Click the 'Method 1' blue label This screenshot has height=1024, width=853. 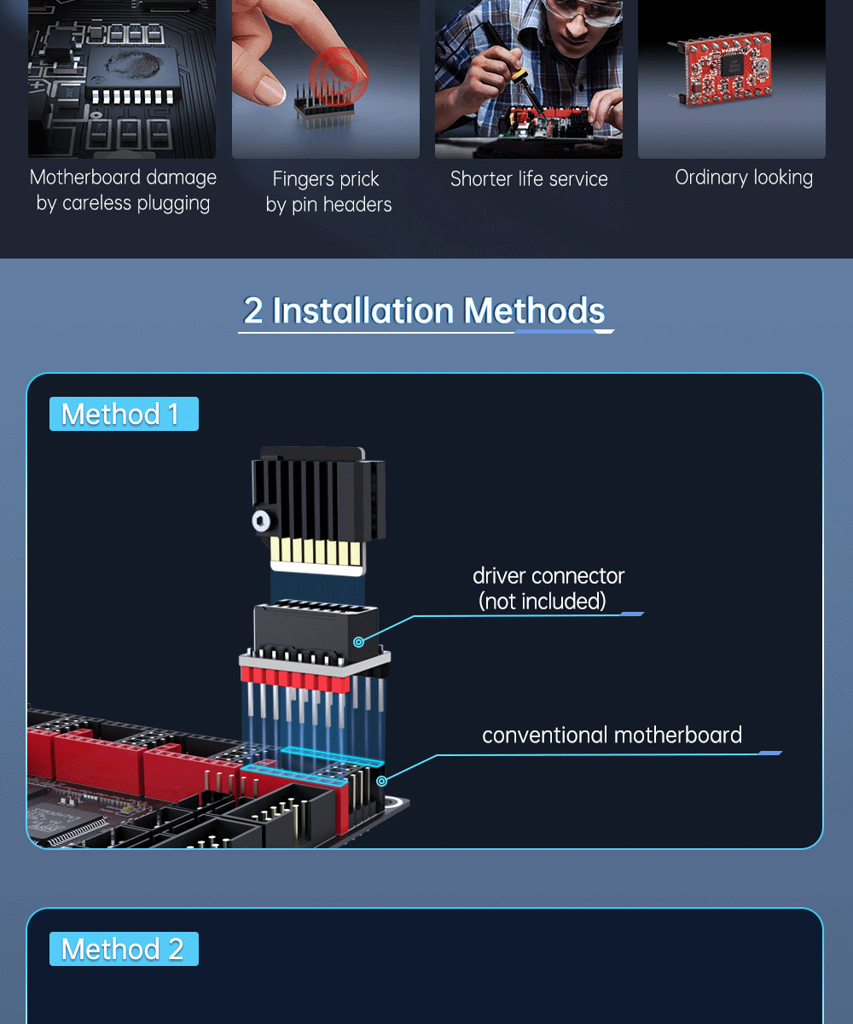pyautogui.click(x=124, y=414)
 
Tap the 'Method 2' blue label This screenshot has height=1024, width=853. pyautogui.click(x=124, y=949)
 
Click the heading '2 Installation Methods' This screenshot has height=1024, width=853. pyautogui.click(x=424, y=311)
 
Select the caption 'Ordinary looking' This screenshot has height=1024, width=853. pyautogui.click(x=744, y=177)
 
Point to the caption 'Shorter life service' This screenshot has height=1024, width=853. pyautogui.click(x=529, y=179)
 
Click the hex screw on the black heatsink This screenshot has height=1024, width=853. pyautogui.click(x=262, y=521)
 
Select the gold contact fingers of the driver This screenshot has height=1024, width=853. pyautogui.click(x=316, y=551)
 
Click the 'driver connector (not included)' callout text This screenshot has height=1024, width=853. pyautogui.click(x=548, y=589)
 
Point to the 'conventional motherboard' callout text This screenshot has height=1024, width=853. pyautogui.click(x=612, y=735)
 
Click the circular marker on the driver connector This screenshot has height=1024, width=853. pyautogui.click(x=359, y=642)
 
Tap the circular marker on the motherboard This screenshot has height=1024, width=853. pyautogui.click(x=382, y=781)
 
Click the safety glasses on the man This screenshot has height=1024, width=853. pyautogui.click(x=583, y=11)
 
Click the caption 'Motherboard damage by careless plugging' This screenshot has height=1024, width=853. pyautogui.click(x=123, y=190)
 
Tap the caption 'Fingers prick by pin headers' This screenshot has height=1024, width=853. pyautogui.click(x=328, y=192)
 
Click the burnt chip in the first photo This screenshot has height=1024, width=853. pyautogui.click(x=132, y=68)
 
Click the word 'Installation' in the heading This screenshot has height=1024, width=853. pyautogui.click(x=363, y=311)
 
